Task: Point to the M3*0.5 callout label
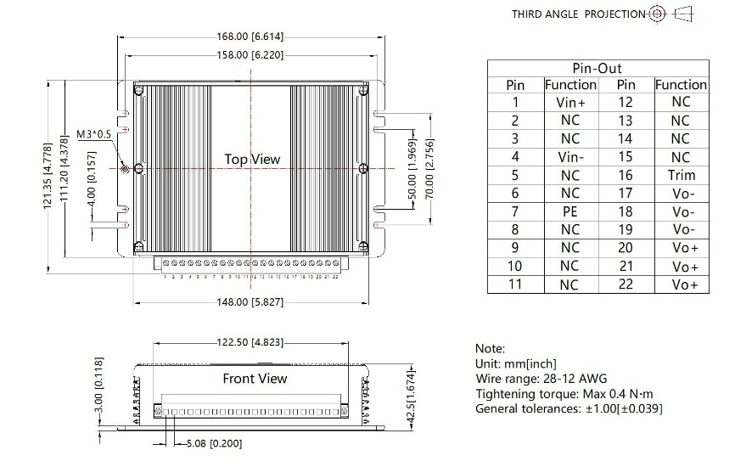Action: pos(94,134)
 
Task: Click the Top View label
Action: pos(252,159)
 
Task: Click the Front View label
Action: pos(255,379)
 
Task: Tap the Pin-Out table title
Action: pos(598,68)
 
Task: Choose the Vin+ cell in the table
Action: pos(569,102)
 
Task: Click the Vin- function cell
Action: pos(569,157)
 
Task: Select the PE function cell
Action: pos(569,211)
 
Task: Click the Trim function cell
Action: pos(681,175)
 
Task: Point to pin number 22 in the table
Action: pos(626,284)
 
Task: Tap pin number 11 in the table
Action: pos(514,284)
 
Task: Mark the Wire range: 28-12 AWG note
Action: pos(540,379)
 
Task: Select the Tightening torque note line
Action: pos(564,393)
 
